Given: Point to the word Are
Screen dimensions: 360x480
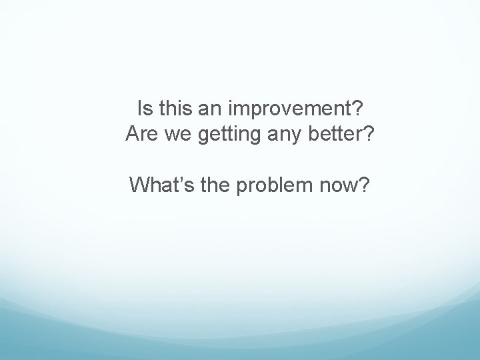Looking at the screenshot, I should pos(141,135).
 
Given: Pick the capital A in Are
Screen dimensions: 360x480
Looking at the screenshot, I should pos(132,135).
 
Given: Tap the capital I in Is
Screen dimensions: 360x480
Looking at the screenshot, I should pos(138,107).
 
